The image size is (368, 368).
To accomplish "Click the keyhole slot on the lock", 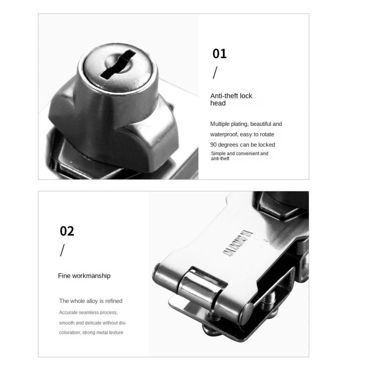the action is click(118, 64).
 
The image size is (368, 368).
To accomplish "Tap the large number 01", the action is click(219, 53).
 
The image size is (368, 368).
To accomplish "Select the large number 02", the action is click(67, 231).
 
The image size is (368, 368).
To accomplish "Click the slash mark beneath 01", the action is click(215, 72).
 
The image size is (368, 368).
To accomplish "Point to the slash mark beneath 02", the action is click(62, 250).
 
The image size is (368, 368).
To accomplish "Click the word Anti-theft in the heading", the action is click(224, 96).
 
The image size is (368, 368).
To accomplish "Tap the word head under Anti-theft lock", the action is click(218, 103).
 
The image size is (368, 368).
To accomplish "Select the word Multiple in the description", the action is click(220, 124).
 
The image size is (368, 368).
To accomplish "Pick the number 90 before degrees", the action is click(213, 145).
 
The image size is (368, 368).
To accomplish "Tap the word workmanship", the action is click(91, 276).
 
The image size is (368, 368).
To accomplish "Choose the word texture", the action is click(116, 333).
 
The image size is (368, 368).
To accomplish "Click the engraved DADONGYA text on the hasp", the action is click(237, 243).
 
